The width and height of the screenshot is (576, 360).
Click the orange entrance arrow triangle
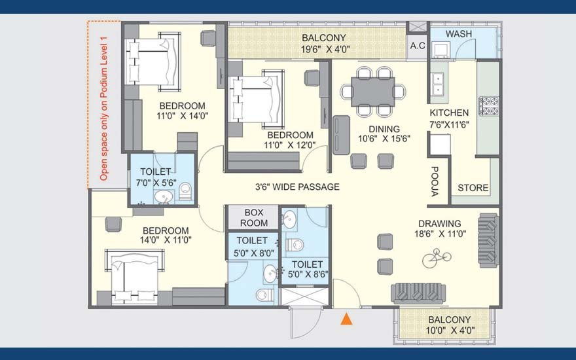[x=346, y=319]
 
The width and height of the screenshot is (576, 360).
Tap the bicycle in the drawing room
[x=437, y=258]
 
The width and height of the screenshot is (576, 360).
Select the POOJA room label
[x=434, y=181]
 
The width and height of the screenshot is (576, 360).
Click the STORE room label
[x=473, y=188]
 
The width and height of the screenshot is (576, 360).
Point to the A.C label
[x=418, y=46]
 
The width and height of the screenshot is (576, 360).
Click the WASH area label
[x=459, y=34]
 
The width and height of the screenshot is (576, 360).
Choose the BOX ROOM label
[x=254, y=218]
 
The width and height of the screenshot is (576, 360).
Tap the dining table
[x=373, y=92]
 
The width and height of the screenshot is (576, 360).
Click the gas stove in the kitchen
[x=488, y=106]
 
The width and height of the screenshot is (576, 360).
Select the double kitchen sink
[x=437, y=84]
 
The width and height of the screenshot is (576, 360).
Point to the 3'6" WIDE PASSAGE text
[x=297, y=187]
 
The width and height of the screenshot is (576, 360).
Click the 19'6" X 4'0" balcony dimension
[x=325, y=49]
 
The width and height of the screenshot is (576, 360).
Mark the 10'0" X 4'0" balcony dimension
[x=450, y=331]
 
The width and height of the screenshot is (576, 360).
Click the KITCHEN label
[x=449, y=113]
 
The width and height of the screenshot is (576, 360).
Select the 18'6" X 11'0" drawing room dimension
[x=440, y=234]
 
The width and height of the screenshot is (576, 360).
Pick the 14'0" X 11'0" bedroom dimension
[x=166, y=240]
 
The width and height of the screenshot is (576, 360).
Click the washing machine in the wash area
[x=441, y=50]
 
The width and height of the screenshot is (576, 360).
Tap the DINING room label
[x=384, y=129]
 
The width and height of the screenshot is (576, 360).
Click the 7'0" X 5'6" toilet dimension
[x=156, y=183]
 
